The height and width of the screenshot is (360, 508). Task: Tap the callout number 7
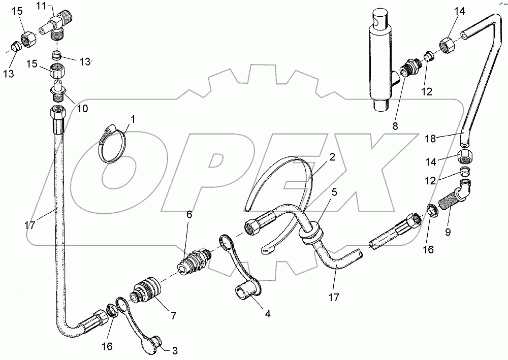(173, 316)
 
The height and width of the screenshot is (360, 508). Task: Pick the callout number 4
(267, 314)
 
